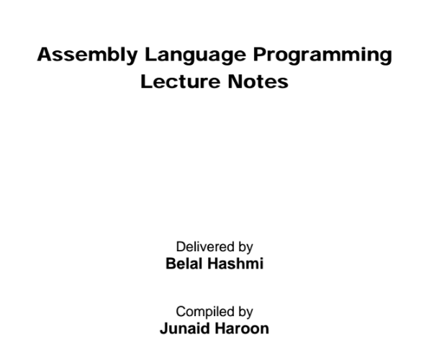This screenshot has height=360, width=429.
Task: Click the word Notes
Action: [x=259, y=81]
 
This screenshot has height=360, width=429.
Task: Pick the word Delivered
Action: [x=202, y=248]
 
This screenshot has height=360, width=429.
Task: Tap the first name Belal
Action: [x=183, y=264]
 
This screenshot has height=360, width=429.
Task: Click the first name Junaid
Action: [x=180, y=328]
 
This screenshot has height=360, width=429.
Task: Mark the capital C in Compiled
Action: [x=180, y=312]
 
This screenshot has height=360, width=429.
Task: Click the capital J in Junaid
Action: [x=162, y=328]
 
